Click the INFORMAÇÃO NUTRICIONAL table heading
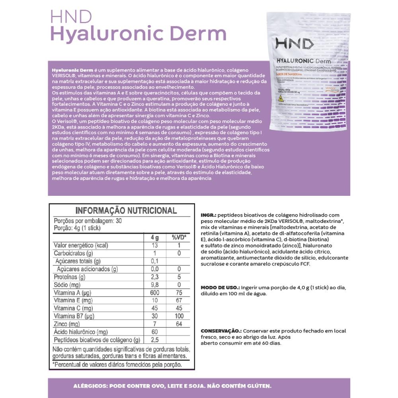coord(126,211)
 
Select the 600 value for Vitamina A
coord(155,293)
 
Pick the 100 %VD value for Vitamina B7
coord(179,316)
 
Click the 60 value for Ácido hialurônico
coord(155,332)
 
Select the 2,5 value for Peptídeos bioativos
coord(155,339)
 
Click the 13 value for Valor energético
coord(155,246)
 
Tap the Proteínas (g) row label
coord(70,277)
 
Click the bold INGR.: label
coord(209,215)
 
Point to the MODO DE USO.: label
coord(220,287)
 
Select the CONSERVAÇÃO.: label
coord(221,331)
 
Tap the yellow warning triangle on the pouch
coord(281,98)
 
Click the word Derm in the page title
coord(202,33)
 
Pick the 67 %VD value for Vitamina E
coord(179,300)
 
